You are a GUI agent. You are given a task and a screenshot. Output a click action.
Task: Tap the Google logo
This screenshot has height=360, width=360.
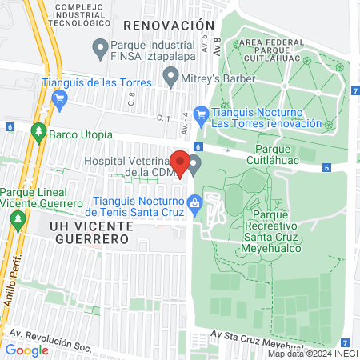pos(27,350)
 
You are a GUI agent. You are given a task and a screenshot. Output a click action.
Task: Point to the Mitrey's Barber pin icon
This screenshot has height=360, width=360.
pos(170,77)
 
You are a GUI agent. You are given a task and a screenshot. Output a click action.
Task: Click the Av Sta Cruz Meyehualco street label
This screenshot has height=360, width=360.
pos(257,335)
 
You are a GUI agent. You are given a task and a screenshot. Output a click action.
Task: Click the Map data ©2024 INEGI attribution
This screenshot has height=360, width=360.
pos(312,354)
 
